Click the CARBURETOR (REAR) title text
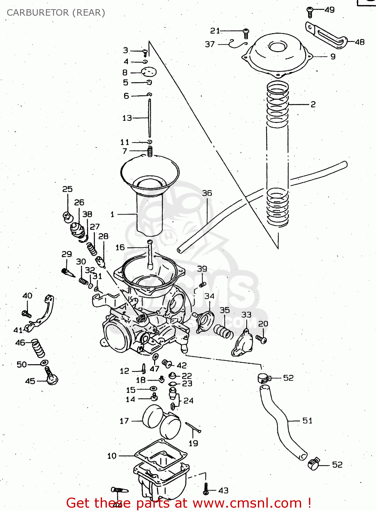[x=56, y=13]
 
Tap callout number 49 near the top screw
[x=329, y=10]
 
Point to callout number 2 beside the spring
[x=313, y=104]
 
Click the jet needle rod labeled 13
[x=149, y=118]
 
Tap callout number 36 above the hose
[x=207, y=193]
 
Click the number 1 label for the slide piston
[x=112, y=214]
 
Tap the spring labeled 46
[x=38, y=348]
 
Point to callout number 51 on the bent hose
[x=307, y=421]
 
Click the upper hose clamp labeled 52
[x=264, y=377]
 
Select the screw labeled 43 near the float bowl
[x=206, y=489]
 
